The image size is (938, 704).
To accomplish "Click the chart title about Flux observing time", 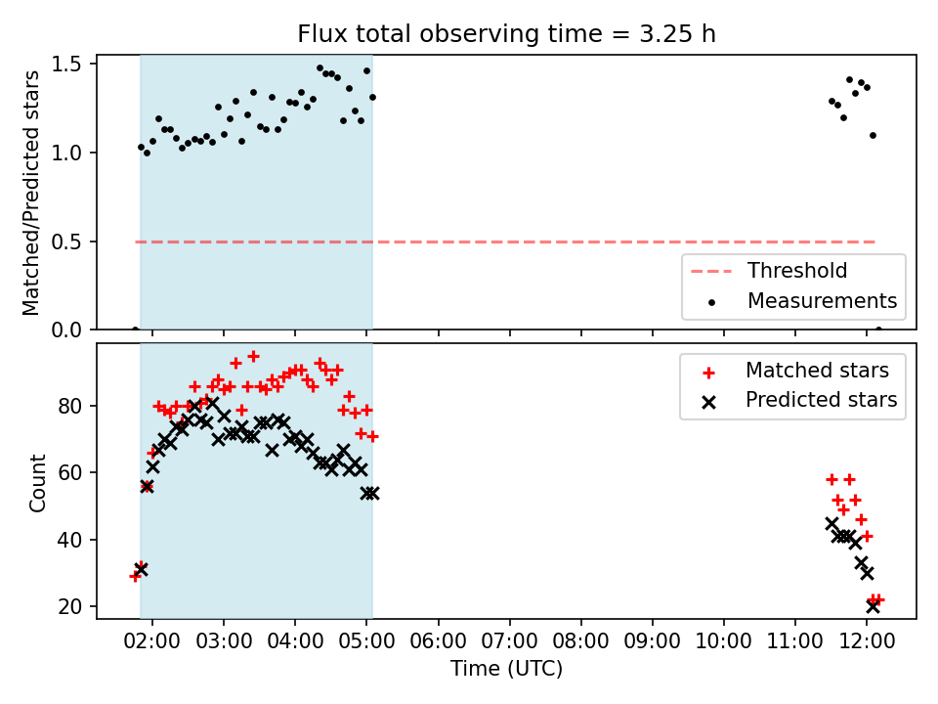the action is coord(507,33).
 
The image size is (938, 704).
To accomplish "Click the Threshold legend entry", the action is coord(769,271).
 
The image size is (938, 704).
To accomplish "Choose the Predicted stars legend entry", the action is coord(799,400).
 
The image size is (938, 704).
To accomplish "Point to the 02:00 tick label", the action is coord(152,641).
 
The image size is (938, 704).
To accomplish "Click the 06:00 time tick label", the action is coord(438,641).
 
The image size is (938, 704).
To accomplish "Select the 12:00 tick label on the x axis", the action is coord(867,641).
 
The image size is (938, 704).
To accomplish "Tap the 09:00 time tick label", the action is coord(652,641).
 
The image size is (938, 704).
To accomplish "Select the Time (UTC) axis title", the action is coord(507,668).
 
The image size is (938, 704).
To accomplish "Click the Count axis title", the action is coord(37,482).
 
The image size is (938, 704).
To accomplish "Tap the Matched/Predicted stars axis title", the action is coord(31,193).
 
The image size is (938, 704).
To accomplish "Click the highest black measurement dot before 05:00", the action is coord(320,68).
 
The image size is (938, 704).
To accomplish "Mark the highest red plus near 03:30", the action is coord(253,356).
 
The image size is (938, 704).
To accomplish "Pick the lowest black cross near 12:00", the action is coord(873,606).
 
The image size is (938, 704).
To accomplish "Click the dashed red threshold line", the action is coord(505,242).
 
